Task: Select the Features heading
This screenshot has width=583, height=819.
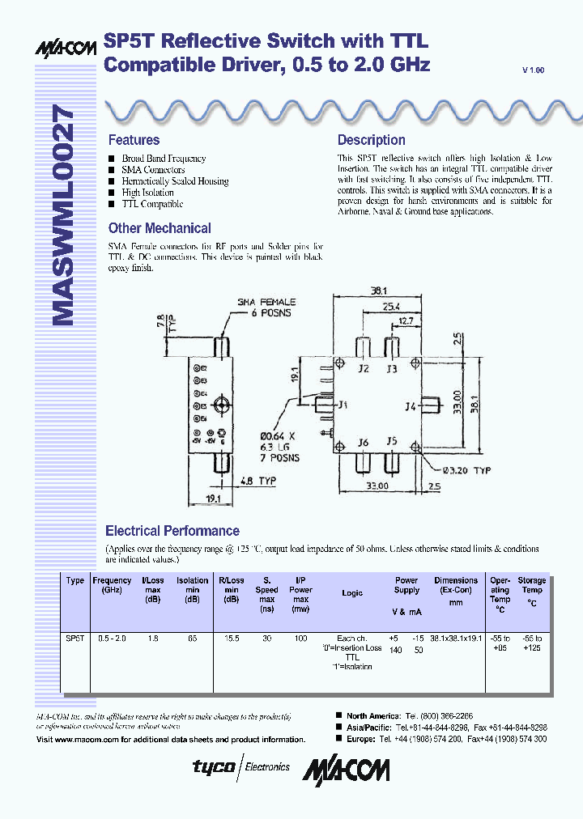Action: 134,140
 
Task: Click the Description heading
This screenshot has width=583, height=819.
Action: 371,140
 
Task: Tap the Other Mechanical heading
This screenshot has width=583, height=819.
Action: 160,228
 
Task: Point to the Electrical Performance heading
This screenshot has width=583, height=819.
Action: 172,531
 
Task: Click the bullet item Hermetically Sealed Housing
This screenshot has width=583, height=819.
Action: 175,181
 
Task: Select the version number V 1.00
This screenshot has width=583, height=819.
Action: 534,71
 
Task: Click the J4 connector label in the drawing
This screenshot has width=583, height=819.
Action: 410,406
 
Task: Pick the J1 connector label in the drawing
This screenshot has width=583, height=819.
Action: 343,405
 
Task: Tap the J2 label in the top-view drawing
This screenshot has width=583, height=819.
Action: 364,369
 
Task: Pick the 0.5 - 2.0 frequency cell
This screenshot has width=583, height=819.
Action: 111,639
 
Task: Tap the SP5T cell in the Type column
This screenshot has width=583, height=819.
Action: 74,639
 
